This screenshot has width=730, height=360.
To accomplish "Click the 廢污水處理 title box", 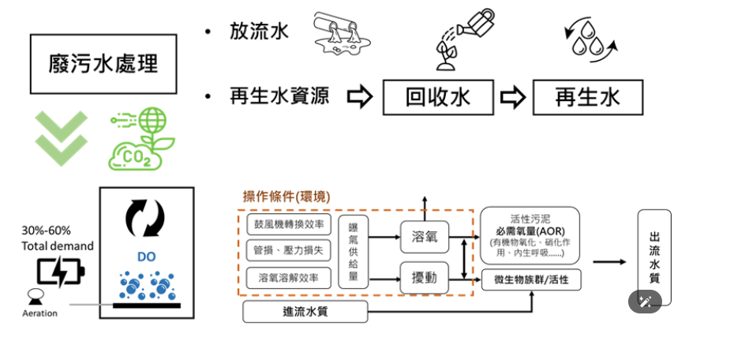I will [103, 63].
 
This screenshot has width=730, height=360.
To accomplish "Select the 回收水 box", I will [438, 97].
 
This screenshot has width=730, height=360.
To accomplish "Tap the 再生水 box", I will [587, 97].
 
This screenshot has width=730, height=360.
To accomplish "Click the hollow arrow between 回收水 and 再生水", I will [513, 98].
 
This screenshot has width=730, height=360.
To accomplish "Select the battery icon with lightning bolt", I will [60, 272].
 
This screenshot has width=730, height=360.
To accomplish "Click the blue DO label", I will [146, 257].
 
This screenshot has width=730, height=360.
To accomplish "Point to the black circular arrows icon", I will [146, 218].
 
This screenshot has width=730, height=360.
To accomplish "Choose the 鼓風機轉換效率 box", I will [285, 223].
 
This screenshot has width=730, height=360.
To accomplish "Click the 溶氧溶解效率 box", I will [285, 277].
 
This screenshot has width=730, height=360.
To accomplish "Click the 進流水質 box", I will [305, 311].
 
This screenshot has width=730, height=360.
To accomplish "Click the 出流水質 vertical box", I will [654, 257].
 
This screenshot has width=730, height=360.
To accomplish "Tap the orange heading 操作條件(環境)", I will [286, 196].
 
